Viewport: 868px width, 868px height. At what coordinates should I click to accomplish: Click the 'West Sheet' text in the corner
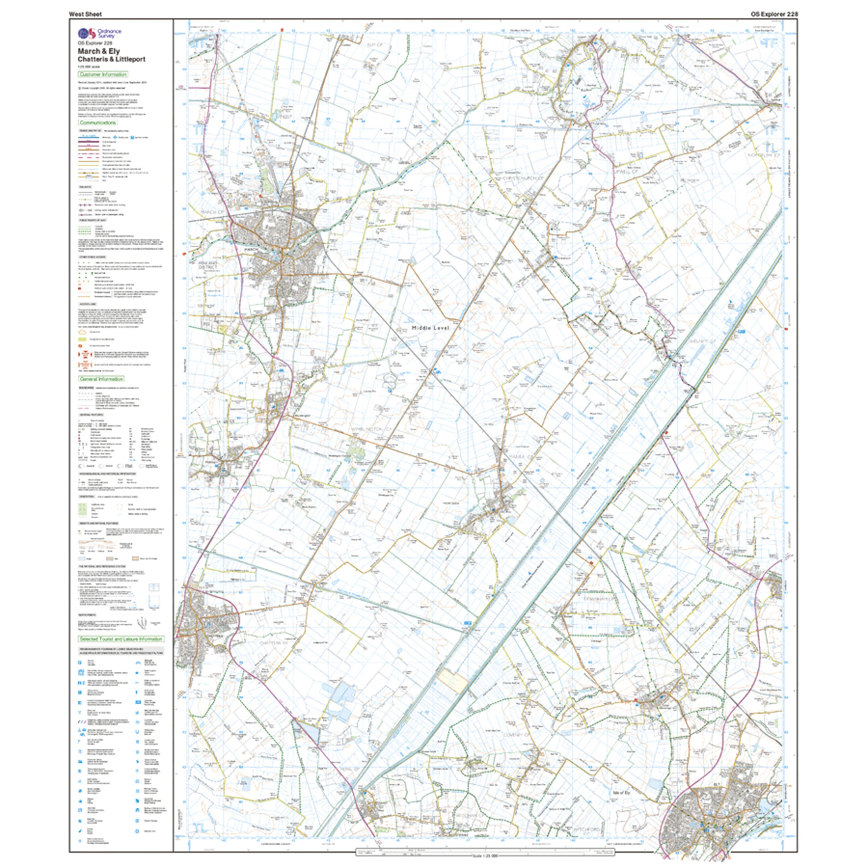click(85, 14)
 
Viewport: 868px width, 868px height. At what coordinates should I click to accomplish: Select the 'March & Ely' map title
click(99, 51)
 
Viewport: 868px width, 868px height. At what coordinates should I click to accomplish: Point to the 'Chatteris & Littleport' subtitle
click(111, 59)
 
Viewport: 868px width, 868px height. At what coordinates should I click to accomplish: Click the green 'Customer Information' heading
click(103, 75)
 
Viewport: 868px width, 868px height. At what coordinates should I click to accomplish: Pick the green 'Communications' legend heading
click(97, 123)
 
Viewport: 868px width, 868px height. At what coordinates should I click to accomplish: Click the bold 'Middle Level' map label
click(430, 328)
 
